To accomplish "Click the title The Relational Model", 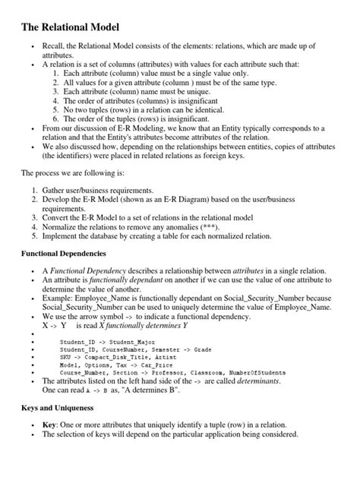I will point(70,27).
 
